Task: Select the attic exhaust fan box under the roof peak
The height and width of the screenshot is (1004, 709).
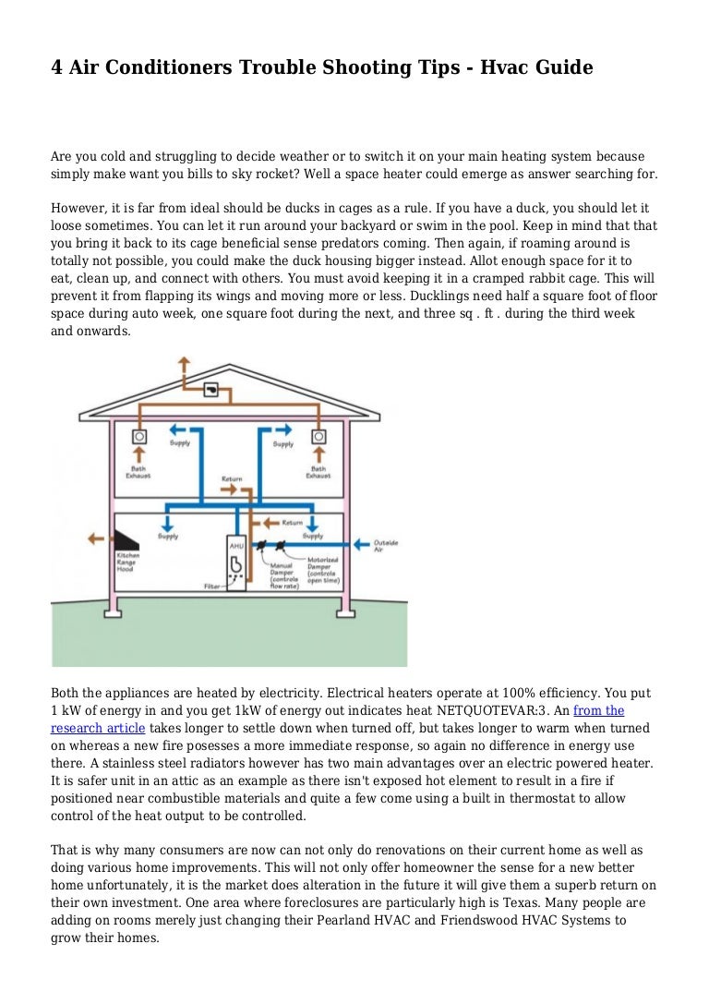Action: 211,391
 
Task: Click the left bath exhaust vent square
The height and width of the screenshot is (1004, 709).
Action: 140,435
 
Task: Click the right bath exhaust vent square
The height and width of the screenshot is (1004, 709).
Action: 318,435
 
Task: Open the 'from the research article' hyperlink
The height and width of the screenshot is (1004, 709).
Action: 598,710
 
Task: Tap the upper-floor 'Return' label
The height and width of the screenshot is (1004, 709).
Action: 232,480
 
